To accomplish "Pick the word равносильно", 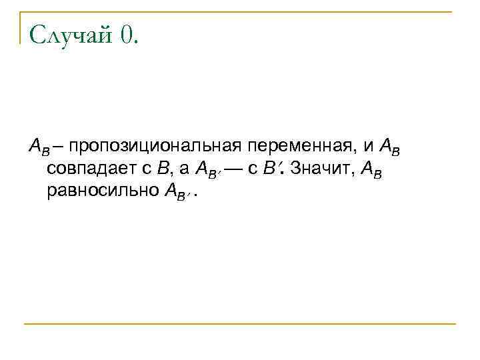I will coord(101,193).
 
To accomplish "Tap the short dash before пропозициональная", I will coord(58,145).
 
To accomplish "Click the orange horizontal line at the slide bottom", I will coord(240,324).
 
